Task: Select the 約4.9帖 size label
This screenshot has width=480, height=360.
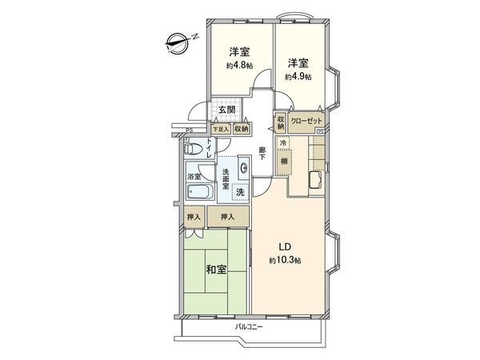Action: click(298, 76)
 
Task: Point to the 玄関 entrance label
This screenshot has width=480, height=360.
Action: click(226, 110)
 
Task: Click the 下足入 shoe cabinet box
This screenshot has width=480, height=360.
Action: click(220, 128)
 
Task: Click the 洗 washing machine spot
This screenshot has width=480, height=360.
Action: click(239, 191)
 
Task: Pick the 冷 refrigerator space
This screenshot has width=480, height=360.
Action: click(282, 142)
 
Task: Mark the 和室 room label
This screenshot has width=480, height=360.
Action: click(216, 270)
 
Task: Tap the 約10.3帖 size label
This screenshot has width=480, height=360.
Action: click(285, 262)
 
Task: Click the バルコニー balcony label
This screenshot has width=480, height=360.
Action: click(250, 327)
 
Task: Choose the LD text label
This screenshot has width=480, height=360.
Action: click(285, 246)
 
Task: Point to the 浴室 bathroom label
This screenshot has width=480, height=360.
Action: click(193, 175)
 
